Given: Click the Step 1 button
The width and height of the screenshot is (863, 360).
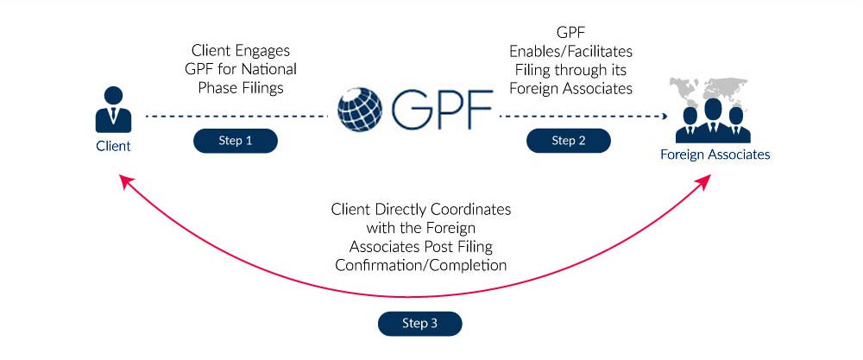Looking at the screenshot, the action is pyautogui.click(x=235, y=141).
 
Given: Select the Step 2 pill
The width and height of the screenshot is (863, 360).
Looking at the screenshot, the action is pyautogui.click(x=569, y=141).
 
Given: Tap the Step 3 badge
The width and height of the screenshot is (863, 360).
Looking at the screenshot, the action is pyautogui.click(x=419, y=323).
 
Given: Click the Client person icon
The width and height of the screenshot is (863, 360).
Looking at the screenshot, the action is pyautogui.click(x=113, y=110).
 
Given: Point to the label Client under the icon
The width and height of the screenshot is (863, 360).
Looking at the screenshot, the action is pyautogui.click(x=113, y=147).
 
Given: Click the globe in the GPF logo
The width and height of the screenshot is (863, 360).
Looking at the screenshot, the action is pyautogui.click(x=360, y=109).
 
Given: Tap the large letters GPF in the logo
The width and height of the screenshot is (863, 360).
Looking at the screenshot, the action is pyautogui.click(x=441, y=109).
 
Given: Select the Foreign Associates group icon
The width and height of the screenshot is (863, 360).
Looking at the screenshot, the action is pyautogui.click(x=714, y=121).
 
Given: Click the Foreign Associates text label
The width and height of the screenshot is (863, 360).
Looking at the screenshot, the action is pyautogui.click(x=715, y=155).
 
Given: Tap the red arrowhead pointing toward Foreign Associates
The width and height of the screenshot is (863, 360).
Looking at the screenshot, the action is pyautogui.click(x=704, y=182).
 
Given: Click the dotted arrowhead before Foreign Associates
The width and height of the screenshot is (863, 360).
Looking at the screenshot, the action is pyautogui.click(x=665, y=117).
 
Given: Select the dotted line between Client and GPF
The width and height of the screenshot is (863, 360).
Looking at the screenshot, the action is pyautogui.click(x=236, y=117).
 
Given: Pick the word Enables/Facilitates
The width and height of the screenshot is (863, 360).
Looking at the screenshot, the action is pyautogui.click(x=570, y=52).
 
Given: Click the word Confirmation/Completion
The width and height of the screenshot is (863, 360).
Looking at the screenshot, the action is pyautogui.click(x=421, y=265).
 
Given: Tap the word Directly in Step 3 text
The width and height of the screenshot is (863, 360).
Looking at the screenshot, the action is pyautogui.click(x=401, y=210).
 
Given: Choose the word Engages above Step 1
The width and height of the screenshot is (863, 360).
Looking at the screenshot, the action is pyautogui.click(x=262, y=51).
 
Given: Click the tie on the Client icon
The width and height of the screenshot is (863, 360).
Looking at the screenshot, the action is pyautogui.click(x=113, y=114).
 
